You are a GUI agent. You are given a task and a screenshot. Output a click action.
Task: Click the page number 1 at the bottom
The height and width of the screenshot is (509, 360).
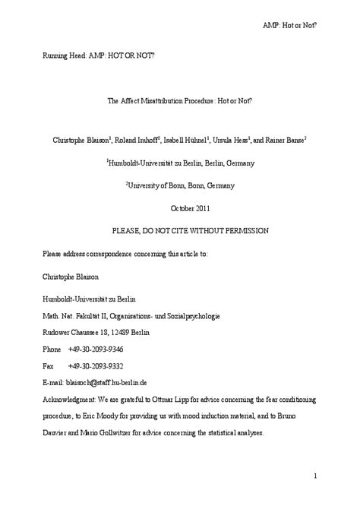[x=314, y=476]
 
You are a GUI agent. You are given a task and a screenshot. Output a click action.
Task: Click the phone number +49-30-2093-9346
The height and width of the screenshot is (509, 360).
[x=96, y=349]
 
